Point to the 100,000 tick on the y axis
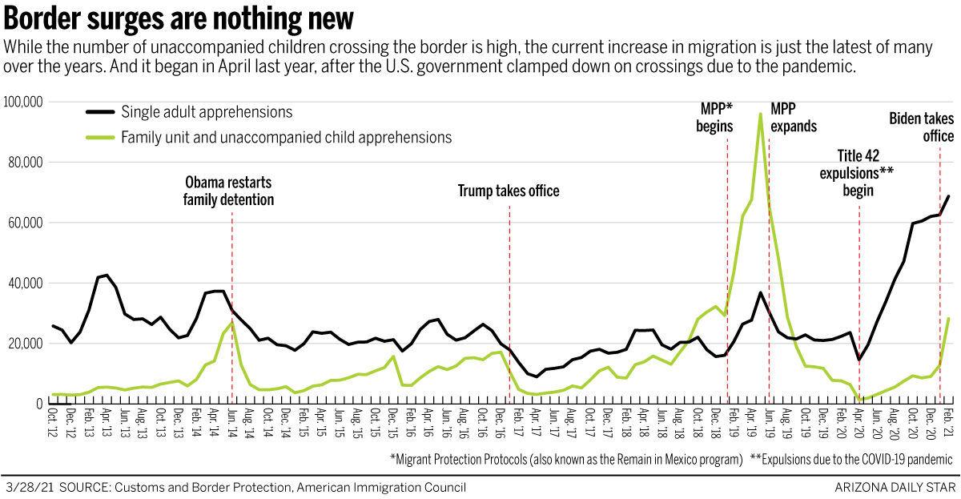pos(24,103)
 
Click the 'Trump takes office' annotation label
pos(509,191)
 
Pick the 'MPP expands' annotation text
pos(794,118)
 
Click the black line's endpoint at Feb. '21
pos(949,195)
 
